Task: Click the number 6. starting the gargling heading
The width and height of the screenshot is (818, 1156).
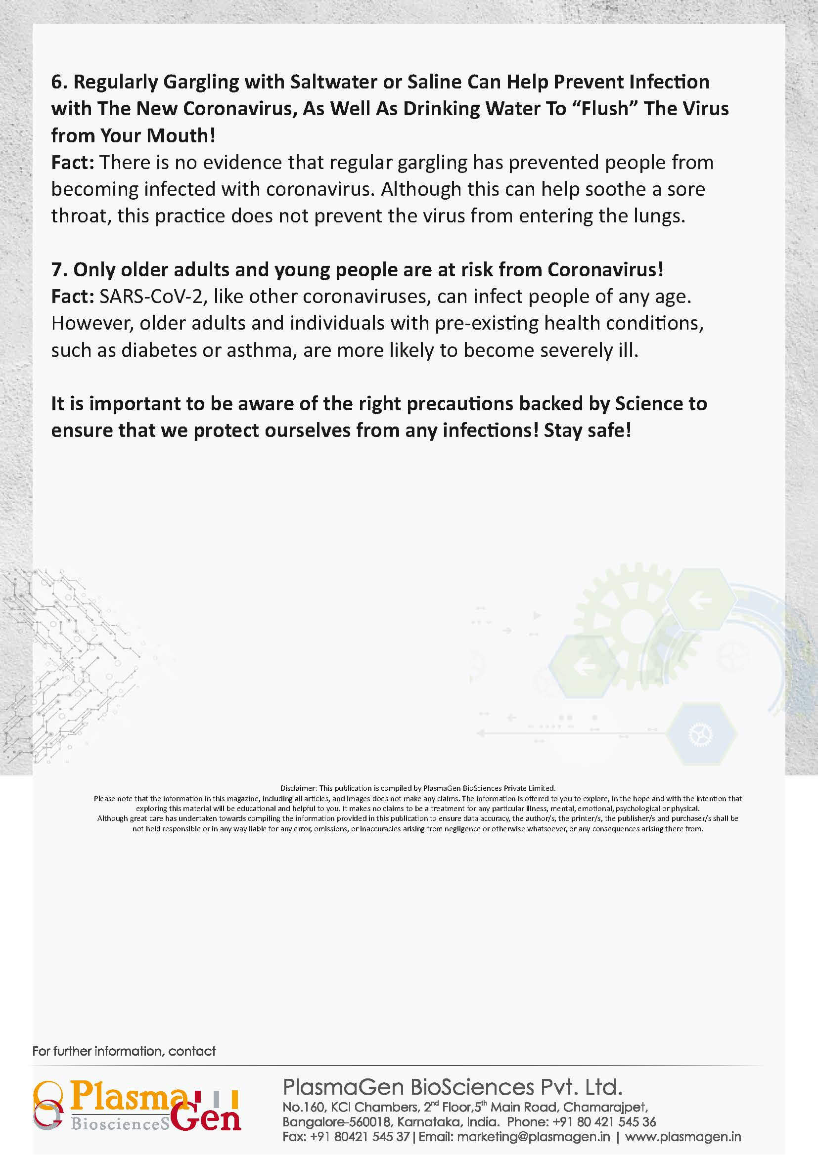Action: click(59, 82)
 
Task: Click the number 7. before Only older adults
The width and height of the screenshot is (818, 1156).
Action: click(59, 270)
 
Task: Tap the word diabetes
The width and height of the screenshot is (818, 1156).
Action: click(159, 350)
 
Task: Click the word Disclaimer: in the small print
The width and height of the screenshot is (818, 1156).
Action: click(298, 788)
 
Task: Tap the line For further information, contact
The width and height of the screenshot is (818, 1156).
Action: click(124, 1051)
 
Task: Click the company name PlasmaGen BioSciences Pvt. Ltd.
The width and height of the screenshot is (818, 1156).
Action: click(453, 1087)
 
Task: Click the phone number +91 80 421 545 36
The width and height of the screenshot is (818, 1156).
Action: click(604, 1122)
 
